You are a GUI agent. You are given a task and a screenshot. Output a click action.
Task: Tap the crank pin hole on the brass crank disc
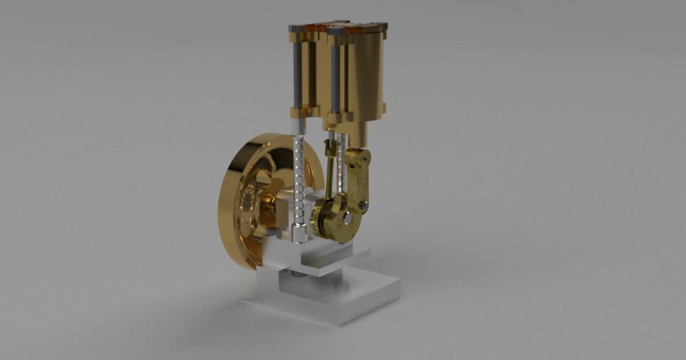(347, 217)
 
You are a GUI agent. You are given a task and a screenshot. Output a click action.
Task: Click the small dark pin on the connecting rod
(363, 204)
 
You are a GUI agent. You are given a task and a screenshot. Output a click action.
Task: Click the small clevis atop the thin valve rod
(330, 147)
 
